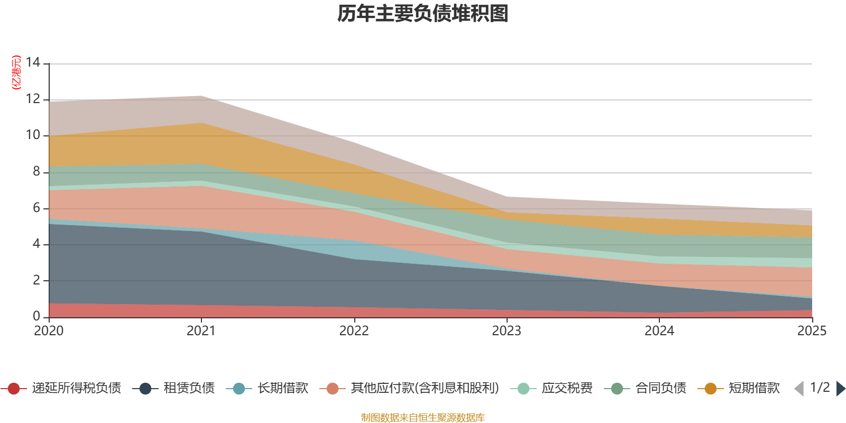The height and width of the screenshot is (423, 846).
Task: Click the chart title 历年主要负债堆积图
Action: (x=423, y=14)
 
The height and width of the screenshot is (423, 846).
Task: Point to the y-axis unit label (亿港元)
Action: (x=16, y=72)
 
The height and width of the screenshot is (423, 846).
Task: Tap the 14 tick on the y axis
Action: (x=33, y=63)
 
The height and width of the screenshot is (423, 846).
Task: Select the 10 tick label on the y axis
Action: (x=33, y=135)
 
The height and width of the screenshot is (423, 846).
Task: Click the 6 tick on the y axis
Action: (x=36, y=208)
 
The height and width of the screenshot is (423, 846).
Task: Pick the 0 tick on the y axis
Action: (x=36, y=316)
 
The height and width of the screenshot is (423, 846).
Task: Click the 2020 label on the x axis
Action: (x=49, y=331)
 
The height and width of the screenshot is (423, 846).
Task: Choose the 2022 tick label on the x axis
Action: (x=354, y=331)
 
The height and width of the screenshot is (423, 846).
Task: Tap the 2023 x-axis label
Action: (x=507, y=331)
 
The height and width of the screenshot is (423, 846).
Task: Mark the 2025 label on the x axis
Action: (x=811, y=331)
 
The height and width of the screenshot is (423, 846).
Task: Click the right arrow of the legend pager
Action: (x=840, y=389)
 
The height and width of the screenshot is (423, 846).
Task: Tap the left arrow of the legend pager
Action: (x=799, y=389)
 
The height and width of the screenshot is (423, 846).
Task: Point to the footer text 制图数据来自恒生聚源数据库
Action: (x=423, y=418)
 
